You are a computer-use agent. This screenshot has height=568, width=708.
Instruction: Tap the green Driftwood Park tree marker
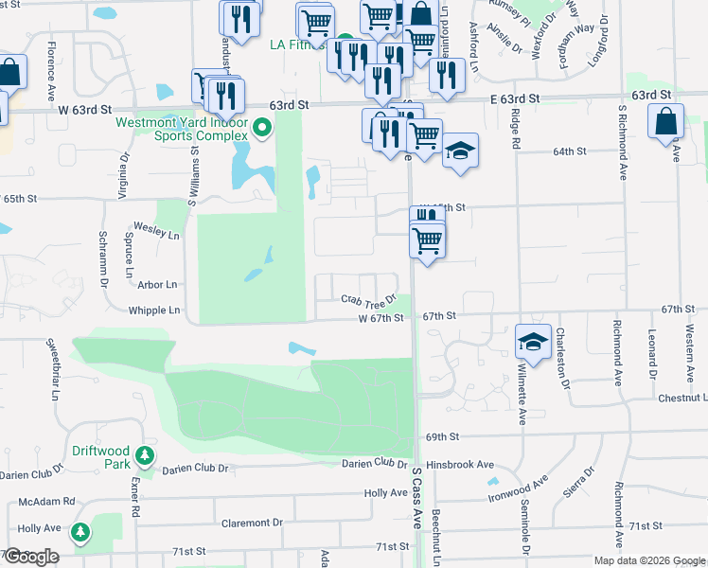pyautogui.click(x=145, y=457)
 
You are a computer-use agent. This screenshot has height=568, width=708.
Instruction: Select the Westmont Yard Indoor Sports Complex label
pyautogui.click(x=181, y=128)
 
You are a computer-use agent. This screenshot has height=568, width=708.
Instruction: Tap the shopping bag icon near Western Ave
pyautogui.click(x=666, y=121)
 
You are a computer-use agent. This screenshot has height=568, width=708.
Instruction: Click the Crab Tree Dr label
pyautogui.click(x=367, y=300)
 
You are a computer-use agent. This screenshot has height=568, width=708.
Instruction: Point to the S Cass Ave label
pyautogui.click(x=416, y=497)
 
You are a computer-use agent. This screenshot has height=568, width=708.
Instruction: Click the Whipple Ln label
pyautogui.click(x=154, y=310)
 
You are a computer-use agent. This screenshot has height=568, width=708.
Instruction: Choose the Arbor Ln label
pyautogui.click(x=157, y=284)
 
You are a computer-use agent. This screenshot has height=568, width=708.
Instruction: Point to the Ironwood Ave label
pyautogui.click(x=518, y=489)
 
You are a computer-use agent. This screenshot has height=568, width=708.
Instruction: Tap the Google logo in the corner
pyautogui.click(x=31, y=557)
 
